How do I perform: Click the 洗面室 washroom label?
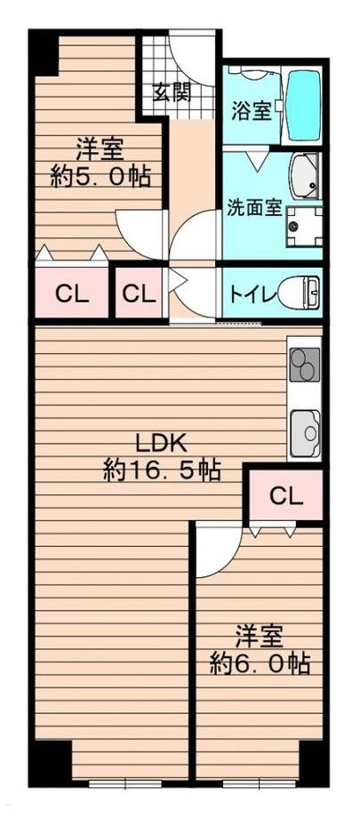254,210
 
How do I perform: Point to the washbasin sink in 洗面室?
306,174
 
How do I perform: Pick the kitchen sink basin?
304,432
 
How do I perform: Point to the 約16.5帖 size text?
161,471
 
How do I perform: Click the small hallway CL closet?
139,293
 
